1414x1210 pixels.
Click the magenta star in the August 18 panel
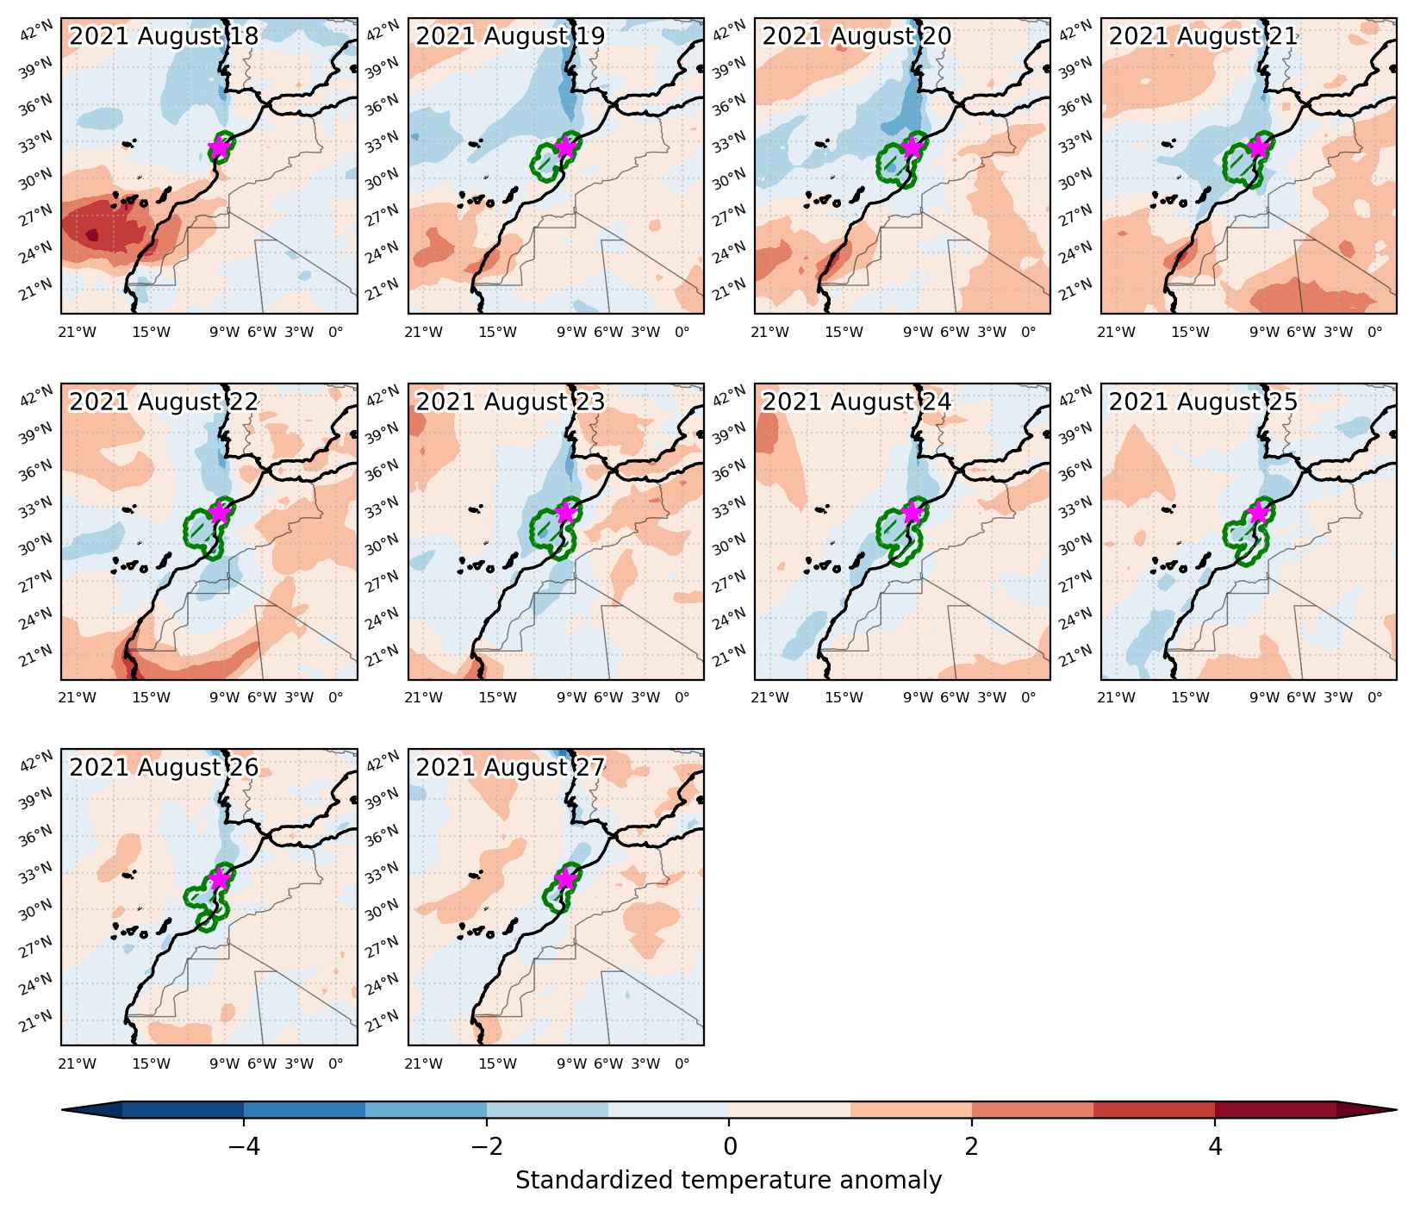point(219,147)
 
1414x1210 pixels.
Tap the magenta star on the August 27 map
point(565,878)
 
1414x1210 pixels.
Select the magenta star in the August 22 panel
point(219,512)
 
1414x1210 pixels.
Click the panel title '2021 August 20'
point(856,36)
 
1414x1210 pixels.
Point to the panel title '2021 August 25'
point(1203,402)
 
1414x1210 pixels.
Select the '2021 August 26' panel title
point(164,767)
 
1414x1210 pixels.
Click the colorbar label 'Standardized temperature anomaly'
point(728,1180)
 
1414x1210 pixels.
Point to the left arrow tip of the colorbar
point(63,1110)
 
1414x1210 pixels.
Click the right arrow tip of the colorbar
point(1395,1110)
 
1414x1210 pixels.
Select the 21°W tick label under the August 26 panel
point(77,1063)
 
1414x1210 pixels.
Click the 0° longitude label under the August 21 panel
point(1375,332)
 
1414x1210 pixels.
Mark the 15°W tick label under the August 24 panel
point(844,697)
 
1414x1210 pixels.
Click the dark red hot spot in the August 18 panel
point(93,233)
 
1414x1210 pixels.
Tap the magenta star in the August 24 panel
point(912,512)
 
